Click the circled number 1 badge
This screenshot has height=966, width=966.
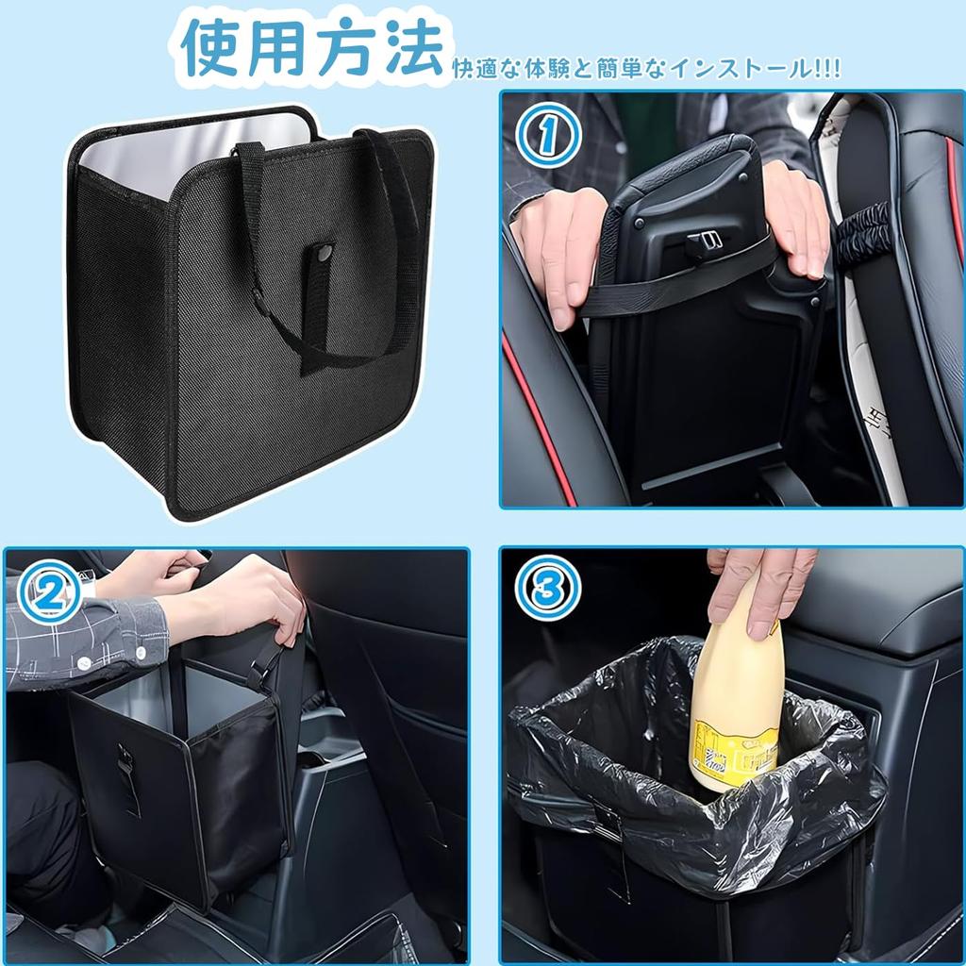[x=546, y=138]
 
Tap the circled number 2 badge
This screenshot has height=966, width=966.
[x=48, y=591]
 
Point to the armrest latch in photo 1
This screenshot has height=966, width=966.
[x=704, y=243]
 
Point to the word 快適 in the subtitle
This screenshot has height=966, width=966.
[x=474, y=69]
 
